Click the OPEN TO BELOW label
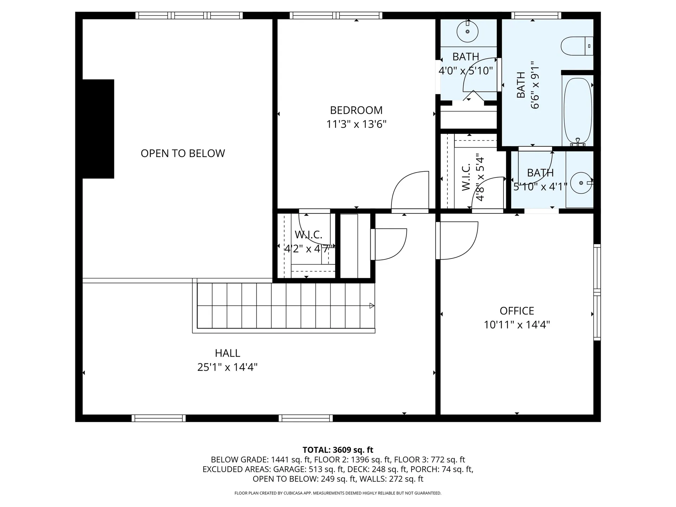(183, 153)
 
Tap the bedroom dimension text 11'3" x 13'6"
(356, 124)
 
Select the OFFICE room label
(517, 311)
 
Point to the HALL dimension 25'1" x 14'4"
(227, 367)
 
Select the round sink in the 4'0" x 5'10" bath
(468, 32)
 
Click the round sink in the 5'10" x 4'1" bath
(581, 183)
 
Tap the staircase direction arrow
(371, 306)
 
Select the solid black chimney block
(98, 129)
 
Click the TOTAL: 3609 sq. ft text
(338, 450)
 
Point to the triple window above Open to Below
(189, 15)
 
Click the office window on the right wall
(597, 292)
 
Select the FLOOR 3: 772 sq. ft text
(429, 459)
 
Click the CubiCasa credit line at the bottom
(338, 493)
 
